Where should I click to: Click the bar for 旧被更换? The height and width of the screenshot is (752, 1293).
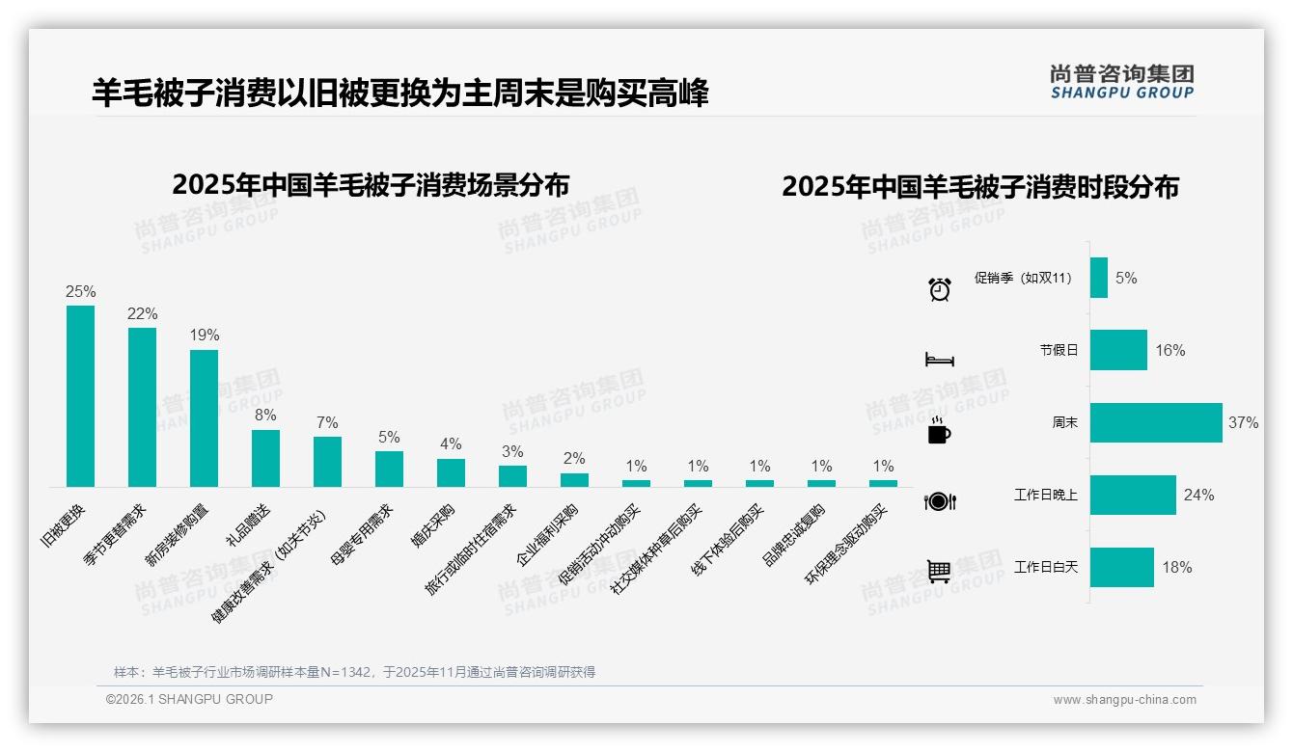point(80,396)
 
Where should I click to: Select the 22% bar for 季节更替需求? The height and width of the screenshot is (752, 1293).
point(142,407)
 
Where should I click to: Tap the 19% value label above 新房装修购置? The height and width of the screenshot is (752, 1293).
point(205,336)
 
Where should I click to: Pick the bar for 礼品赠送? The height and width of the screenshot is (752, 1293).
point(265,458)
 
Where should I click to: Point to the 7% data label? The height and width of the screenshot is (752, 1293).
point(327,422)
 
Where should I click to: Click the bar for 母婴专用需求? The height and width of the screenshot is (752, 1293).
point(389,469)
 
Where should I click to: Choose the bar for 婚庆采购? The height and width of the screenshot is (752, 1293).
point(451,472)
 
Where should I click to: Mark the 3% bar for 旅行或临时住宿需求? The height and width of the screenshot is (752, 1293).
point(512,476)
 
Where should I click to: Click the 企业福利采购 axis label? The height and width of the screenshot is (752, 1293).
point(547,533)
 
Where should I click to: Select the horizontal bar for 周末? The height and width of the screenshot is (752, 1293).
point(1156,422)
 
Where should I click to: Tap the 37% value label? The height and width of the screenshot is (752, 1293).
point(1243,422)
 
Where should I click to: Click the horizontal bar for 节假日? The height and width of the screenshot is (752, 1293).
point(1118,350)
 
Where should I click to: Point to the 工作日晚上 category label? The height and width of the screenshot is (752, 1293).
point(1045,496)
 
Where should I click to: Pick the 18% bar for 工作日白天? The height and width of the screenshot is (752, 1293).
point(1122,567)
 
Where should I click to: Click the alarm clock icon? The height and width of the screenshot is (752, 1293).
point(939,288)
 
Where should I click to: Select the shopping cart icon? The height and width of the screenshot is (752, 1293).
point(939,572)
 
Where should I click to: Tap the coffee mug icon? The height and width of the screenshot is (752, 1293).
point(939,431)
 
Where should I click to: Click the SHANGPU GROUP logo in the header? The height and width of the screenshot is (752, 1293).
point(1121,82)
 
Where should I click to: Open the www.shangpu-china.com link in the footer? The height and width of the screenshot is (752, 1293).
point(1124,700)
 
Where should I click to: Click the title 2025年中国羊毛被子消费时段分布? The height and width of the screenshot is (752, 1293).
point(980,187)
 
